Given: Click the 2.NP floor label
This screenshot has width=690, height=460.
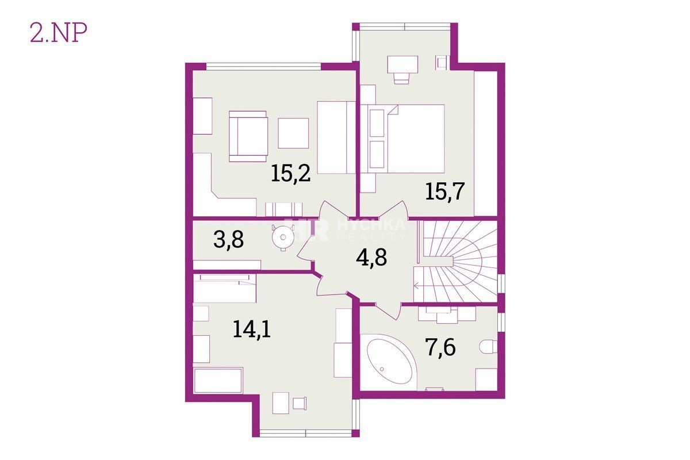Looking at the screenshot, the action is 58,33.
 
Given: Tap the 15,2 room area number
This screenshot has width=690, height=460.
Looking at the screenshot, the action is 290,174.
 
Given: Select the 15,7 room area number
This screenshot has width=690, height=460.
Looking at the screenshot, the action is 444,191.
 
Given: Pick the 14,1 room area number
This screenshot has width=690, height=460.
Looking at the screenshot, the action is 252,329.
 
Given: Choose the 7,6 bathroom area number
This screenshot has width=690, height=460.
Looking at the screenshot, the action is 441,348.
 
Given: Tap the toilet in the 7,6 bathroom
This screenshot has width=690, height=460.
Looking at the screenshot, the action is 488,347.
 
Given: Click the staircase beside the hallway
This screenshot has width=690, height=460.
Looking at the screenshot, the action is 455,261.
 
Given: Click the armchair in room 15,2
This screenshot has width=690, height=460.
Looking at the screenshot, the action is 248,136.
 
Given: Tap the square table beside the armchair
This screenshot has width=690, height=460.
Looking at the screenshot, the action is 293,133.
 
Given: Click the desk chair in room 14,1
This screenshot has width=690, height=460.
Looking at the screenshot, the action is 299,403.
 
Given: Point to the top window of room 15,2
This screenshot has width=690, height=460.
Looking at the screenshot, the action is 263,67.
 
